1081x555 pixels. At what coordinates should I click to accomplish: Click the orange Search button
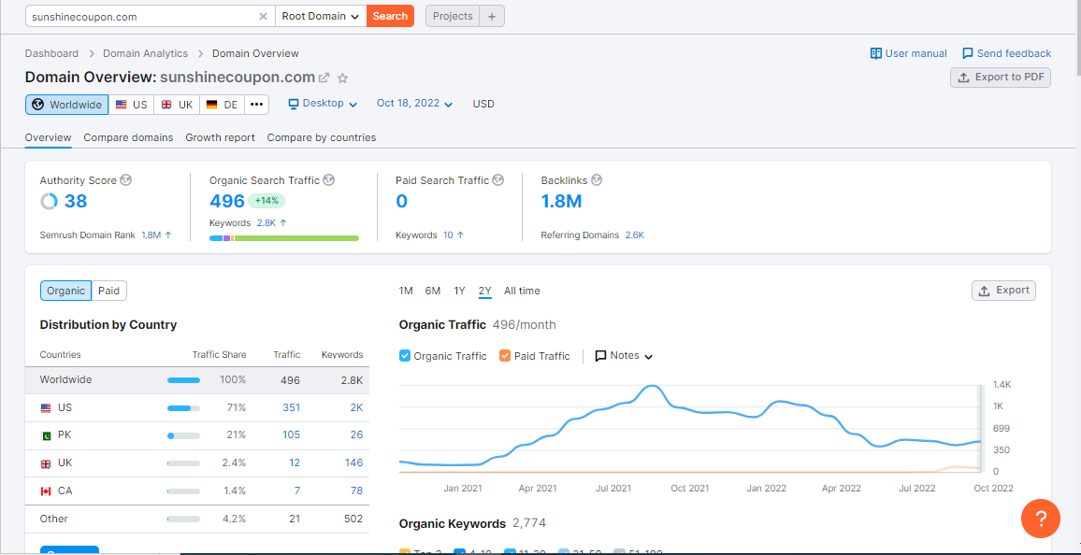[390, 16]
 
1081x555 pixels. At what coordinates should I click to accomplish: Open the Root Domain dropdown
[321, 16]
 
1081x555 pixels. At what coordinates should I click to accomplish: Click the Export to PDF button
[1001, 78]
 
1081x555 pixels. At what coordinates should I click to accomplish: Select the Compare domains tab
[128, 137]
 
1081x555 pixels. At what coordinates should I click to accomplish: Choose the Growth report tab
[220, 137]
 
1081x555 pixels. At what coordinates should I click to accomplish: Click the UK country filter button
[177, 105]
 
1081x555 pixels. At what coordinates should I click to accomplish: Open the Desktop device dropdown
[323, 104]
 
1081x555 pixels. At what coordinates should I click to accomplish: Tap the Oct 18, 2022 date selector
[414, 104]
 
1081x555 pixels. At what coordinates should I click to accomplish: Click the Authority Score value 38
[75, 201]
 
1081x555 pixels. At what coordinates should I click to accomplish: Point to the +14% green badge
[267, 201]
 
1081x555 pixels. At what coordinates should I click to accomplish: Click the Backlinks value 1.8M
[561, 201]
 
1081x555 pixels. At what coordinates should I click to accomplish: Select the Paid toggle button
[109, 291]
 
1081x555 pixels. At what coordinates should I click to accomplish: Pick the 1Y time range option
[459, 291]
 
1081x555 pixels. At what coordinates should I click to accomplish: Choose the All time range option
[522, 291]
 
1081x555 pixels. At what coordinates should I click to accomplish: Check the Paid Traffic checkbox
[505, 356]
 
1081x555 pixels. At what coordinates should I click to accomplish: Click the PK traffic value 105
[291, 434]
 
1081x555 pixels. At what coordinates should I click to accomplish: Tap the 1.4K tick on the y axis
[1002, 385]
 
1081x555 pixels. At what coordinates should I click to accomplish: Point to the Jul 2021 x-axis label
[613, 489]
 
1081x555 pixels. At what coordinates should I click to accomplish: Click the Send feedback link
[1006, 53]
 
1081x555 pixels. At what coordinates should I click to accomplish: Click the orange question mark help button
[1040, 518]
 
